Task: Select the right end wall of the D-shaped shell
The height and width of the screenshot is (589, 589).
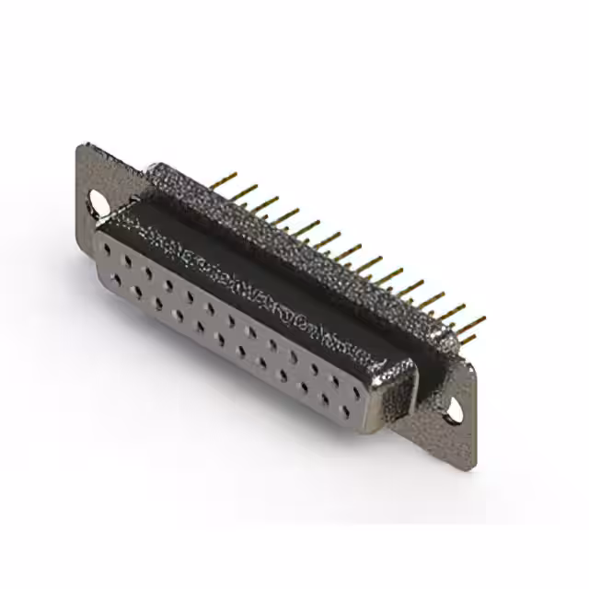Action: click(396, 387)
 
